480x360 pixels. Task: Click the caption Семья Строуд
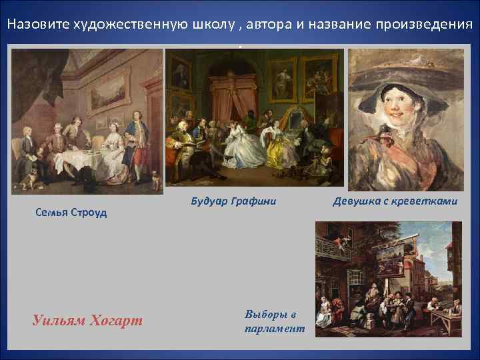tap(71, 213)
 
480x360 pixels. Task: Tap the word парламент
tap(275, 329)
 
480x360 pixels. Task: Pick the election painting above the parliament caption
tap(388, 279)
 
